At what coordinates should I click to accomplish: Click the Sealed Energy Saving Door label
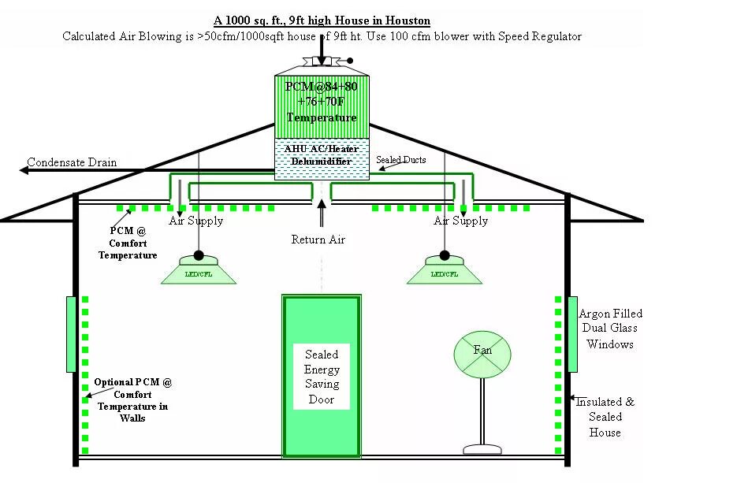[322, 377]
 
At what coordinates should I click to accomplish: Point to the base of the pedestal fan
[482, 449]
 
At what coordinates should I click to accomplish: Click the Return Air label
[318, 240]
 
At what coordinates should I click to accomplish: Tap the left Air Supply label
[196, 221]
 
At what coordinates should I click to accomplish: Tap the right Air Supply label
[461, 221]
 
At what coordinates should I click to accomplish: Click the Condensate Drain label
[72, 163]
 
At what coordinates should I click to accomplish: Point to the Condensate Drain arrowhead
[24, 169]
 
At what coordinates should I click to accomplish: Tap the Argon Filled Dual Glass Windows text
[610, 329]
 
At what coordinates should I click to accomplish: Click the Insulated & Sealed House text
[605, 417]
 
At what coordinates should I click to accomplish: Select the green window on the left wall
[71, 334]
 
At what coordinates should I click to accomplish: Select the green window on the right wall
[572, 334]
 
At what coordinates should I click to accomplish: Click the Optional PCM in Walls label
[132, 399]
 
